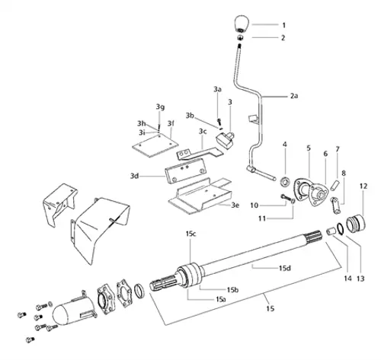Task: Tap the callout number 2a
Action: (x=295, y=96)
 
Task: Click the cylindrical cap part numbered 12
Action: (x=355, y=225)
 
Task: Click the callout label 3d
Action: (x=133, y=176)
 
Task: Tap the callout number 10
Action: (x=257, y=205)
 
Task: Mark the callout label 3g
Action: (x=160, y=106)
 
